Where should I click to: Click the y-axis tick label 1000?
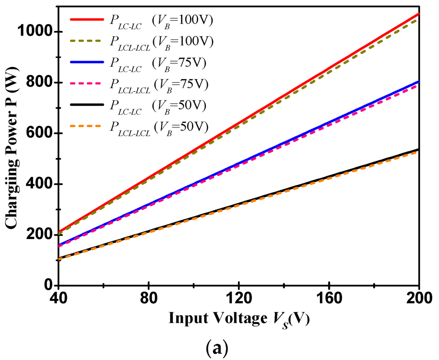[33, 32]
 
